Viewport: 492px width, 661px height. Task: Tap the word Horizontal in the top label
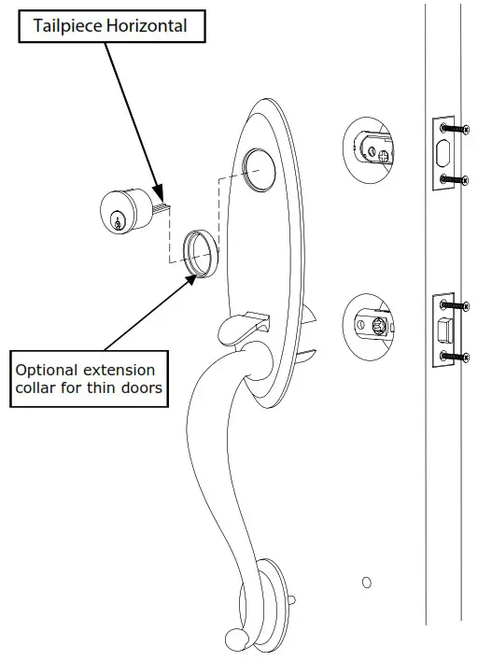click(148, 26)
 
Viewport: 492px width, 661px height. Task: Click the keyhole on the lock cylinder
click(118, 220)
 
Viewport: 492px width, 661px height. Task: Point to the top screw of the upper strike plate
click(452, 126)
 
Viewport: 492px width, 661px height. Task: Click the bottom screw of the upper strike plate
click(452, 178)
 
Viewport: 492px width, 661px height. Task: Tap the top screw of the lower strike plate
click(452, 305)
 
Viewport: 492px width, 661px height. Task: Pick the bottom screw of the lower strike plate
click(452, 357)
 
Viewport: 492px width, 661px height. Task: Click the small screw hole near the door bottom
click(367, 583)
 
